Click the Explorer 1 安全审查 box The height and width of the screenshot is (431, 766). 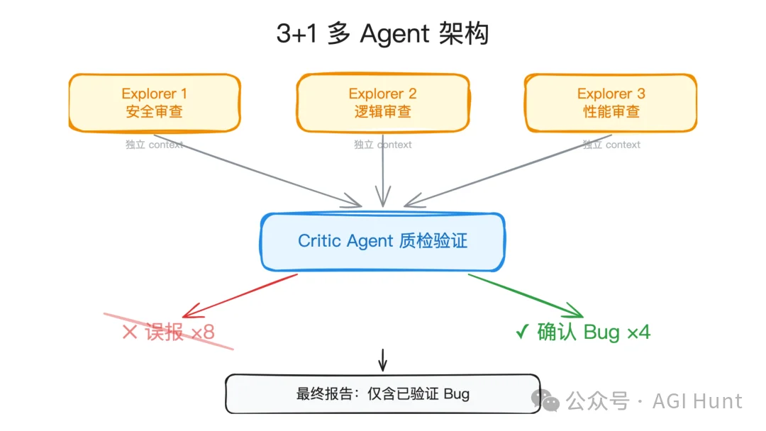(x=154, y=103)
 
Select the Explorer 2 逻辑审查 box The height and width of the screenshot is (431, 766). (x=382, y=103)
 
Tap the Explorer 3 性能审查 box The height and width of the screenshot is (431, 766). (x=611, y=103)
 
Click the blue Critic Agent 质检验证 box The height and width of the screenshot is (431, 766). (x=382, y=241)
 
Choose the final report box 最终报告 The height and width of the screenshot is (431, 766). (x=382, y=394)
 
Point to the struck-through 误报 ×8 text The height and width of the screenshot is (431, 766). (x=169, y=332)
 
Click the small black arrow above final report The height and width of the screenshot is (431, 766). (x=383, y=360)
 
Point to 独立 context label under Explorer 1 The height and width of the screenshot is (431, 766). (x=154, y=145)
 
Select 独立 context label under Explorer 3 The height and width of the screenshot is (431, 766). (x=611, y=145)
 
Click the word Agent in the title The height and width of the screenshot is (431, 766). (x=394, y=34)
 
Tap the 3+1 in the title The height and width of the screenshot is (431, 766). (x=297, y=34)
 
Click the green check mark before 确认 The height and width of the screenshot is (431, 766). (x=522, y=332)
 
